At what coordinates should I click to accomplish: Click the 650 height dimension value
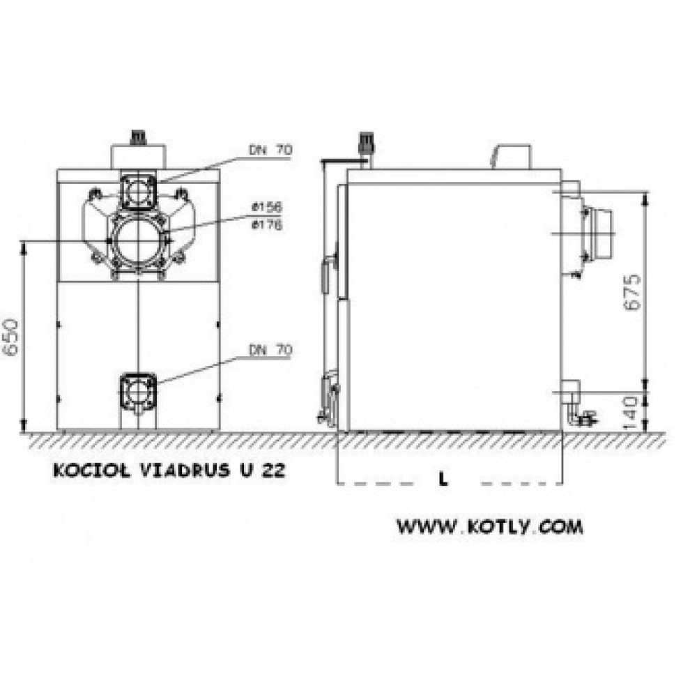[x=11, y=337]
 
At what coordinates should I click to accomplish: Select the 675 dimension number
[x=632, y=292]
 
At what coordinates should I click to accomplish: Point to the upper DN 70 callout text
[x=270, y=150]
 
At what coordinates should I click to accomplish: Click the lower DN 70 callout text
[x=270, y=350]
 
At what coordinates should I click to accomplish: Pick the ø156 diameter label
[x=267, y=207]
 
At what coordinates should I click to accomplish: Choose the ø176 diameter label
[x=267, y=225]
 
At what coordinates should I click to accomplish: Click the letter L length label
[x=443, y=480]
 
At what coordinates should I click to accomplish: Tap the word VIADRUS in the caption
[x=185, y=470]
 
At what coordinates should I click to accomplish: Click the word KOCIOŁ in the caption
[x=92, y=470]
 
